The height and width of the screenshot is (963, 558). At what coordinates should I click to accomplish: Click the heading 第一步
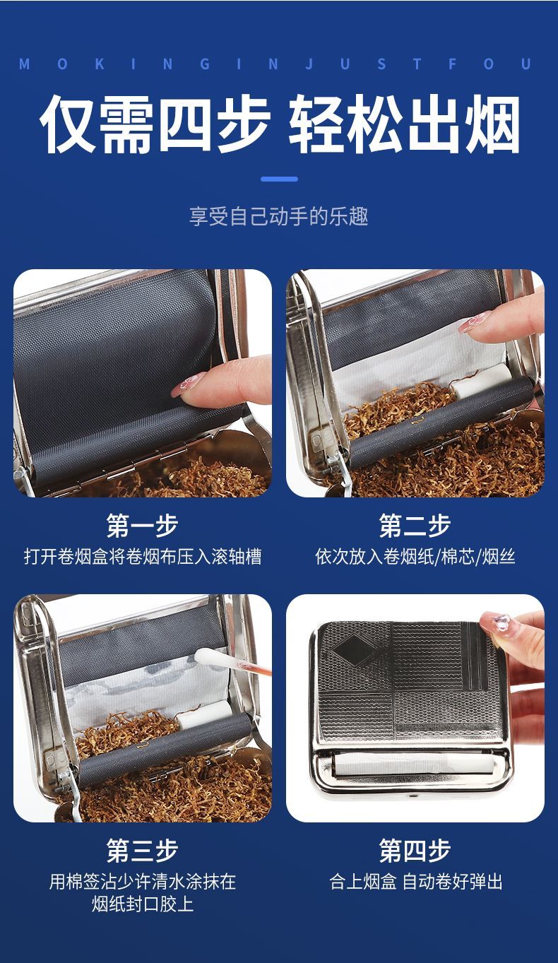[x=142, y=525]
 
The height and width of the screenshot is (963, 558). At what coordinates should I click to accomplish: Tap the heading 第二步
[x=415, y=525]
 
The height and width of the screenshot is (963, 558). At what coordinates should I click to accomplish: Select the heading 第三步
[x=142, y=850]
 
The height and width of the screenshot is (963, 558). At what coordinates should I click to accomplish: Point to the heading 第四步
[x=415, y=850]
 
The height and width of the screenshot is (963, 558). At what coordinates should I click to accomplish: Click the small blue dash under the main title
[x=279, y=179]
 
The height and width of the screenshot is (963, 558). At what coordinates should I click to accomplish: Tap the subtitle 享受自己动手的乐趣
[x=279, y=215]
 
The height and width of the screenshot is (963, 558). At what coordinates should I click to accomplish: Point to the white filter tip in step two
[x=482, y=381]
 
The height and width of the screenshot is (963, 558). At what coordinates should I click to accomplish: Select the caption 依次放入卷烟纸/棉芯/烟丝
[x=415, y=557]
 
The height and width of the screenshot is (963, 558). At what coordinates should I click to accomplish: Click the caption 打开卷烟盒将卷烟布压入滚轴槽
[x=142, y=557]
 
